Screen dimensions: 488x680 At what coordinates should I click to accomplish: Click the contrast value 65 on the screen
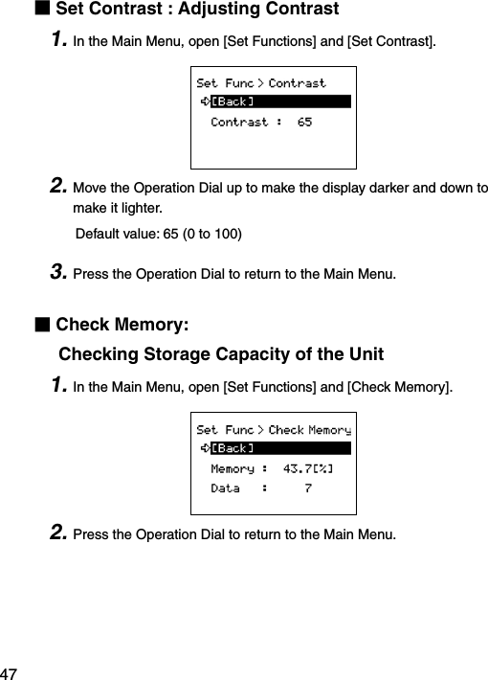tap(304, 123)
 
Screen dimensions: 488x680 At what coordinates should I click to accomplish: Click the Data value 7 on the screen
tap(307, 488)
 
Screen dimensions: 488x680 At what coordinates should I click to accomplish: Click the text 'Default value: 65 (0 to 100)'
tap(158, 234)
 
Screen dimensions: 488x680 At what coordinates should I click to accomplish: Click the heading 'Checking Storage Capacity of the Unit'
tap(221, 354)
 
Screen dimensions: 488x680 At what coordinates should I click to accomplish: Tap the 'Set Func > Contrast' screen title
tap(260, 83)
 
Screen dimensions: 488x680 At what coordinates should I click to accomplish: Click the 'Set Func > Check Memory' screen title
tap(273, 430)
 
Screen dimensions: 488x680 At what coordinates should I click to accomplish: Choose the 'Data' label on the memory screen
tap(225, 488)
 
